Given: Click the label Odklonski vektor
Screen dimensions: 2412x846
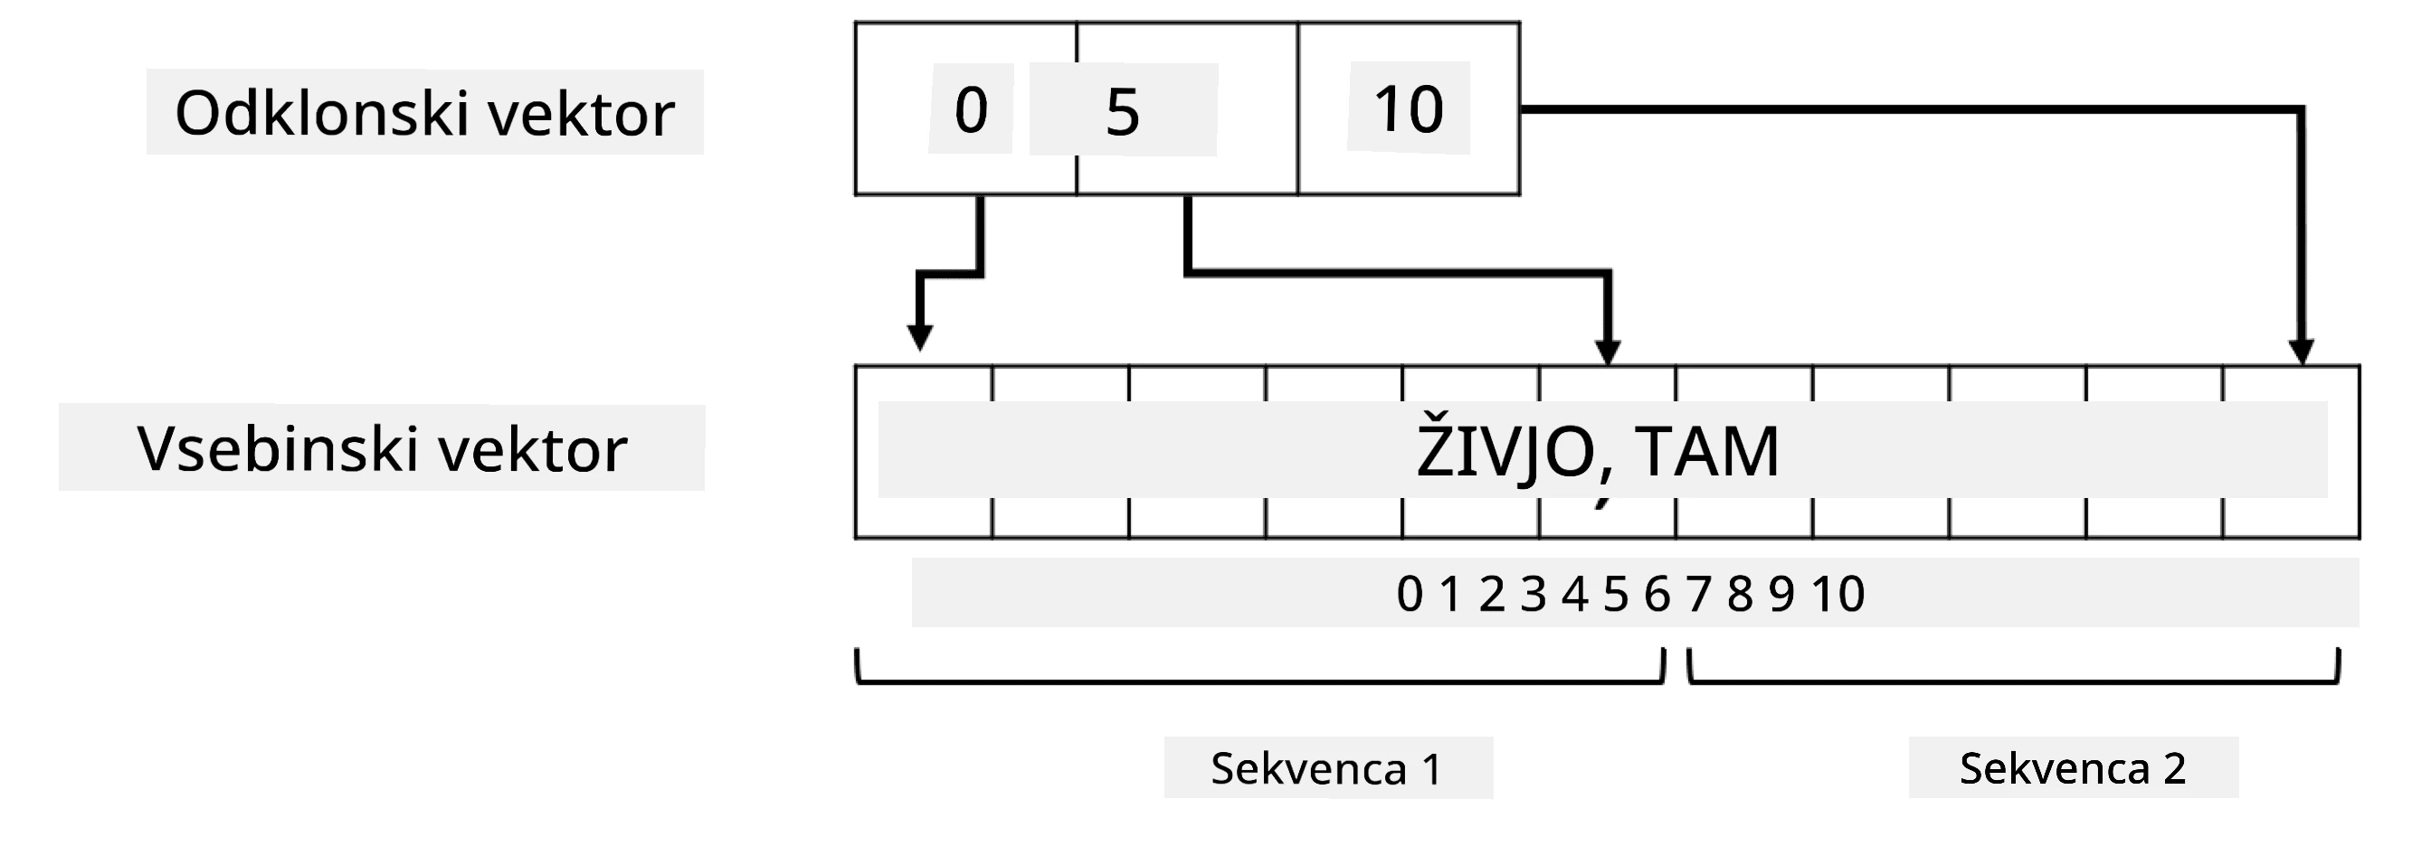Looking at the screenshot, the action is pyautogui.click(x=424, y=113).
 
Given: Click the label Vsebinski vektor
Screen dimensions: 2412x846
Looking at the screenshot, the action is pyautogui.click(x=382, y=449).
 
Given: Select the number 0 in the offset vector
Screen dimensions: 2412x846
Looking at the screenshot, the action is pyautogui.click(x=971, y=109).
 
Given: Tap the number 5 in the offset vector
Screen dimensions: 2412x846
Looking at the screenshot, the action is pyautogui.click(x=1123, y=112).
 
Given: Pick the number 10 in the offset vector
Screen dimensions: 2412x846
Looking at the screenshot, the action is pyautogui.click(x=1409, y=108).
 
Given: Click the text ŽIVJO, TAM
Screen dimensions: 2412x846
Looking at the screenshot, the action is pyautogui.click(x=1598, y=453).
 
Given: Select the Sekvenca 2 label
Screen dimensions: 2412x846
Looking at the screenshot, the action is pyautogui.click(x=2072, y=768).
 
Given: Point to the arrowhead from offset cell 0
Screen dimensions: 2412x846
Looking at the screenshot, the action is pyautogui.click(x=919, y=338).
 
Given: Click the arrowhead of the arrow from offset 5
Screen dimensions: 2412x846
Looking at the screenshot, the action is pyautogui.click(x=1608, y=352).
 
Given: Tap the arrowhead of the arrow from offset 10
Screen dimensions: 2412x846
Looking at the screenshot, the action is pyautogui.click(x=2301, y=352).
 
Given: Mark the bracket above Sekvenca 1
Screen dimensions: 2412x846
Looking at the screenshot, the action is pyautogui.click(x=1260, y=681).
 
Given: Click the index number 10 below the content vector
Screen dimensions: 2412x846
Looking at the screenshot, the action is pyautogui.click(x=1837, y=593).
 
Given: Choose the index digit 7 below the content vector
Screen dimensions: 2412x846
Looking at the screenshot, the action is pyautogui.click(x=1698, y=593).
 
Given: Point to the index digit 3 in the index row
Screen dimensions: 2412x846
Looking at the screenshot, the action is pyautogui.click(x=1533, y=593).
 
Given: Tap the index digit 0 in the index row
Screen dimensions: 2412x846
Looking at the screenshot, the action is pyautogui.click(x=1410, y=593).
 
